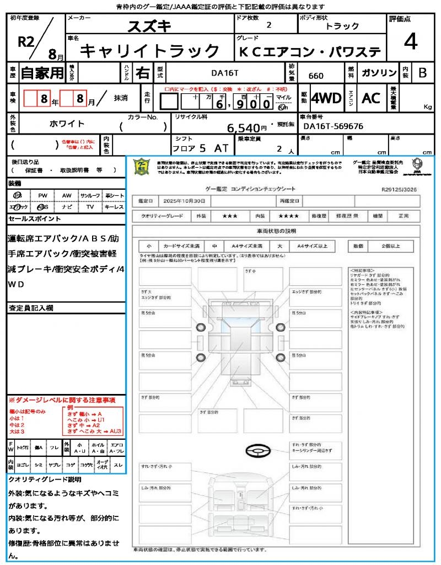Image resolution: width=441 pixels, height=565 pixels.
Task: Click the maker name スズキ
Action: (x=149, y=26)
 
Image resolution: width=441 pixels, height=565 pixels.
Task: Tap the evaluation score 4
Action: (x=410, y=41)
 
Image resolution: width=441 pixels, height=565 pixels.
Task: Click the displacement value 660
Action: (x=316, y=76)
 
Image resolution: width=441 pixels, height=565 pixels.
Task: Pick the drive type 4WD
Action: (x=326, y=98)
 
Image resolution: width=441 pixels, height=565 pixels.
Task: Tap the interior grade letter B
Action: (x=422, y=73)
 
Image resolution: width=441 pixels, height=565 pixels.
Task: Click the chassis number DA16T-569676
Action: (x=333, y=126)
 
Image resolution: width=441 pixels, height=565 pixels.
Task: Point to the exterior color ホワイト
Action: (x=67, y=124)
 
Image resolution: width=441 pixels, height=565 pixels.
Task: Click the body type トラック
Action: (x=342, y=26)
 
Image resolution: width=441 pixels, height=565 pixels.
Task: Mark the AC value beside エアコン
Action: (x=371, y=98)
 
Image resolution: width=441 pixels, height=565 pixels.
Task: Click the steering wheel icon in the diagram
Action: (x=257, y=451)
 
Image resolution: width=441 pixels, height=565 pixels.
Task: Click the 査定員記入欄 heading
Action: (x=28, y=307)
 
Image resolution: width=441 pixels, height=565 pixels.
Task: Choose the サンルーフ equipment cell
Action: (x=90, y=195)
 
